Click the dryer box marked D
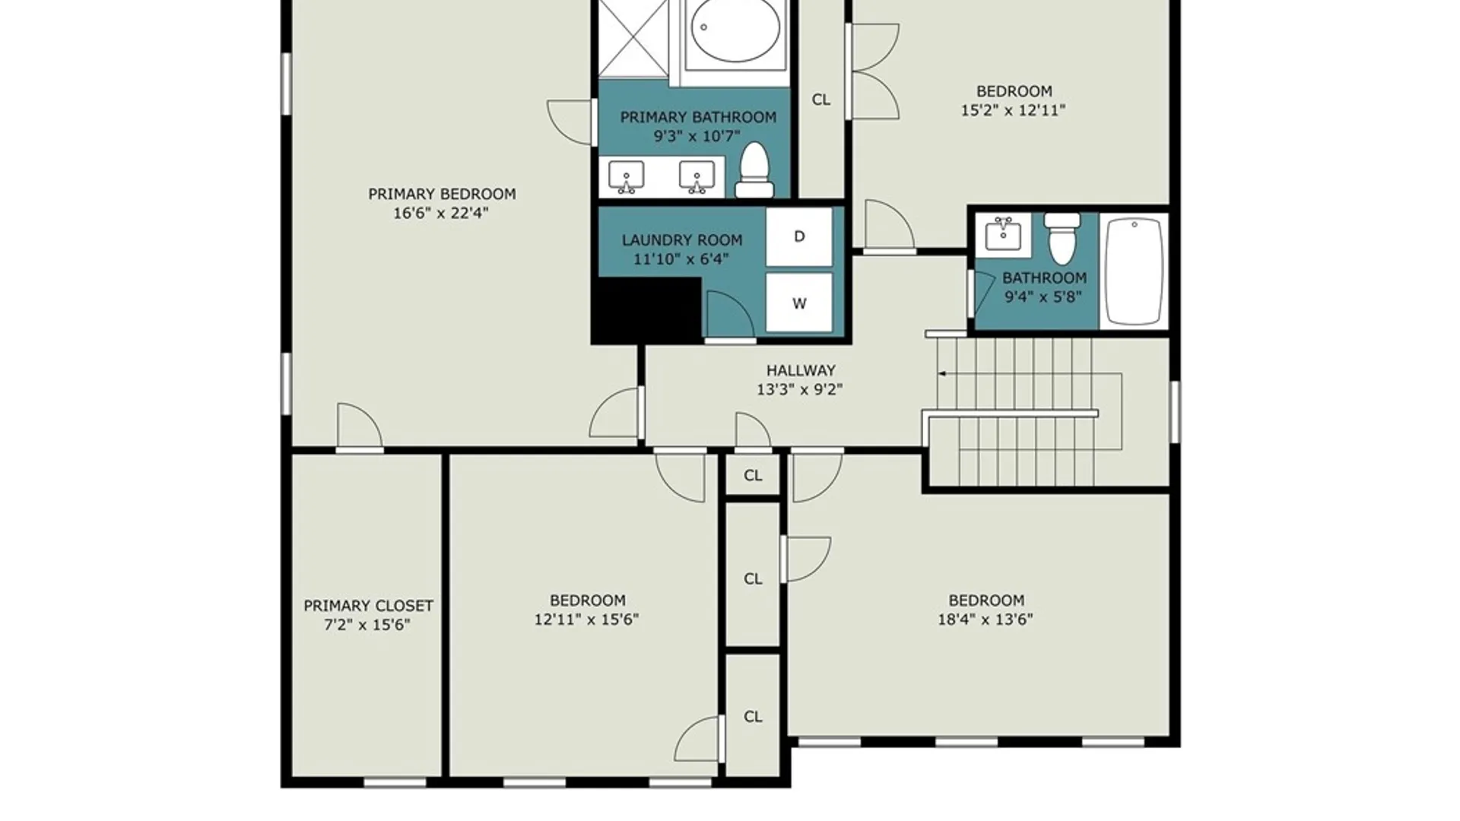(798, 236)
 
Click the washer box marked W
(798, 303)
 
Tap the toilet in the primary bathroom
(754, 170)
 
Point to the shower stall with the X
(633, 38)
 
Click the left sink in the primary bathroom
(626, 176)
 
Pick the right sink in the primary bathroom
(697, 176)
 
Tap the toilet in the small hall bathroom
(1062, 238)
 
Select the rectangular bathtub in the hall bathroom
(1134, 271)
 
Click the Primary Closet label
(369, 606)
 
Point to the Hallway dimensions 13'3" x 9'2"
(799, 389)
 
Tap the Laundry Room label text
(682, 240)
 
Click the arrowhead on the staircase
(943, 374)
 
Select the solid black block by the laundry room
(646, 310)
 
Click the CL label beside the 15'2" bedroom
(821, 100)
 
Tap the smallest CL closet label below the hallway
(753, 475)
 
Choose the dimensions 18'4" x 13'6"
(985, 620)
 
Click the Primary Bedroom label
(442, 194)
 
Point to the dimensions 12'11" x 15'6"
(586, 620)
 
